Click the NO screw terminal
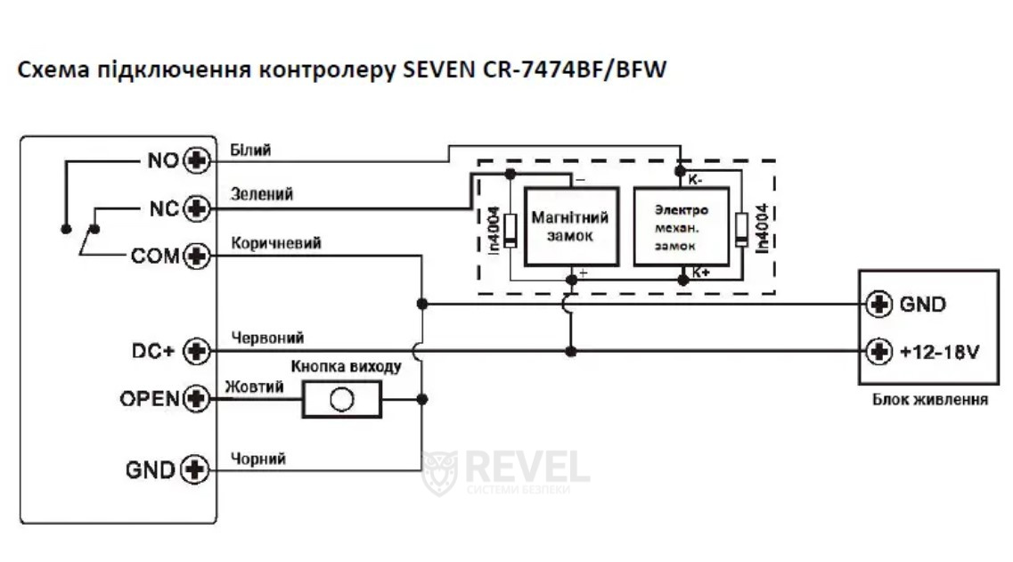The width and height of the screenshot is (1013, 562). [x=196, y=161]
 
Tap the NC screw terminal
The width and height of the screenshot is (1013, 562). [x=196, y=209]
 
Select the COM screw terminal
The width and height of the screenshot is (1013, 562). [x=196, y=257]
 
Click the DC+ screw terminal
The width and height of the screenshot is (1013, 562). [x=196, y=352]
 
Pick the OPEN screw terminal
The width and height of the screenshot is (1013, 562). [x=196, y=399]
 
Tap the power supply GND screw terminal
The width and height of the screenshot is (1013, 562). [x=880, y=304]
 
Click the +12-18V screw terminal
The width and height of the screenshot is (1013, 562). [x=880, y=352]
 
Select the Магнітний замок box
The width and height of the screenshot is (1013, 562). [x=570, y=227]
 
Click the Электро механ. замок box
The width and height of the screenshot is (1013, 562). [x=681, y=227]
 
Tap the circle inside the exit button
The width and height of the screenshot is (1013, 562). [x=341, y=400]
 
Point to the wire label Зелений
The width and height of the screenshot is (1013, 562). [x=261, y=193]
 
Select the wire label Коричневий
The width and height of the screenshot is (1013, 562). [x=275, y=242]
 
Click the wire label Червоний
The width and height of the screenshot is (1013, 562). [x=267, y=338]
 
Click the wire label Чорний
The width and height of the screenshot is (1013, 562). [x=257, y=459]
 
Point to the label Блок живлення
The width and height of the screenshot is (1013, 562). [x=929, y=400]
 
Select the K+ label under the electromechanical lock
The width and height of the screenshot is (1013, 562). [x=700, y=272]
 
